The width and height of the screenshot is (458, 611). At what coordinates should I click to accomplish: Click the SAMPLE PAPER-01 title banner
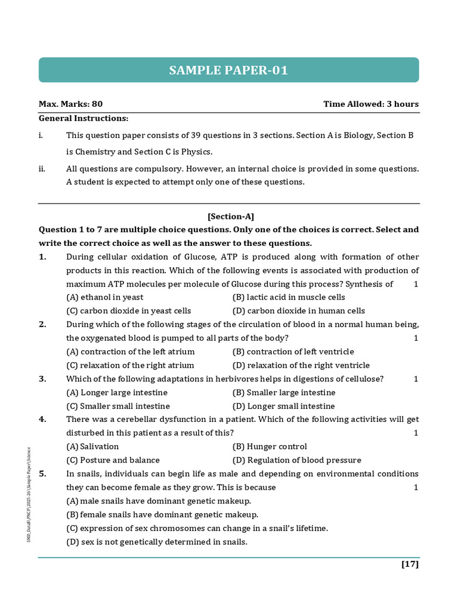tap(228, 70)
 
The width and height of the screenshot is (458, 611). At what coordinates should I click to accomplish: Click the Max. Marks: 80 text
tap(70, 104)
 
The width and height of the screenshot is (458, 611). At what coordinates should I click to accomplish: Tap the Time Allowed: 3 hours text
tap(371, 104)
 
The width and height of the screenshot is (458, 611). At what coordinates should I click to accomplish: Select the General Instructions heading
tap(83, 118)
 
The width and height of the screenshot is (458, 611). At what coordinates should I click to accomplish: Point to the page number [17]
tap(410, 564)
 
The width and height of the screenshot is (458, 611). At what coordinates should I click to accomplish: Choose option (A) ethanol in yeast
tap(105, 297)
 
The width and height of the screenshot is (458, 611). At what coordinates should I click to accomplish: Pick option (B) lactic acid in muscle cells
tap(289, 297)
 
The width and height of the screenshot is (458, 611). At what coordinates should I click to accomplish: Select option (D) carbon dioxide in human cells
tap(298, 311)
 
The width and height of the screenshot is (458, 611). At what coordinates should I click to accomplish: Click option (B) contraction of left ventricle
tap(293, 351)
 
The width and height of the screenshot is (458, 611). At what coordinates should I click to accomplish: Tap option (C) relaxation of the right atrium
tap(130, 365)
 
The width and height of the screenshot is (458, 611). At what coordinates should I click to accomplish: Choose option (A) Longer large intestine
tap(117, 393)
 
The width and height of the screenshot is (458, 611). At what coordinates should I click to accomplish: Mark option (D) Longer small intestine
tap(283, 406)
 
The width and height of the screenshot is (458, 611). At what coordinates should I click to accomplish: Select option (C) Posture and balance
tap(113, 460)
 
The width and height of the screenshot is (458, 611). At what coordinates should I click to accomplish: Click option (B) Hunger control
tap(270, 446)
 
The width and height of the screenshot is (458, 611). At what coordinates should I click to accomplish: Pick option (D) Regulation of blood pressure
tap(296, 460)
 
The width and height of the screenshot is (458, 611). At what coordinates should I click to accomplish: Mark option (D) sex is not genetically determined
tap(156, 542)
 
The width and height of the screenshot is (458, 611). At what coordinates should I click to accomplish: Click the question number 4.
tap(42, 419)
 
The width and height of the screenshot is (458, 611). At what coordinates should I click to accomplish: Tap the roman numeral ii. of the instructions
tap(42, 169)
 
